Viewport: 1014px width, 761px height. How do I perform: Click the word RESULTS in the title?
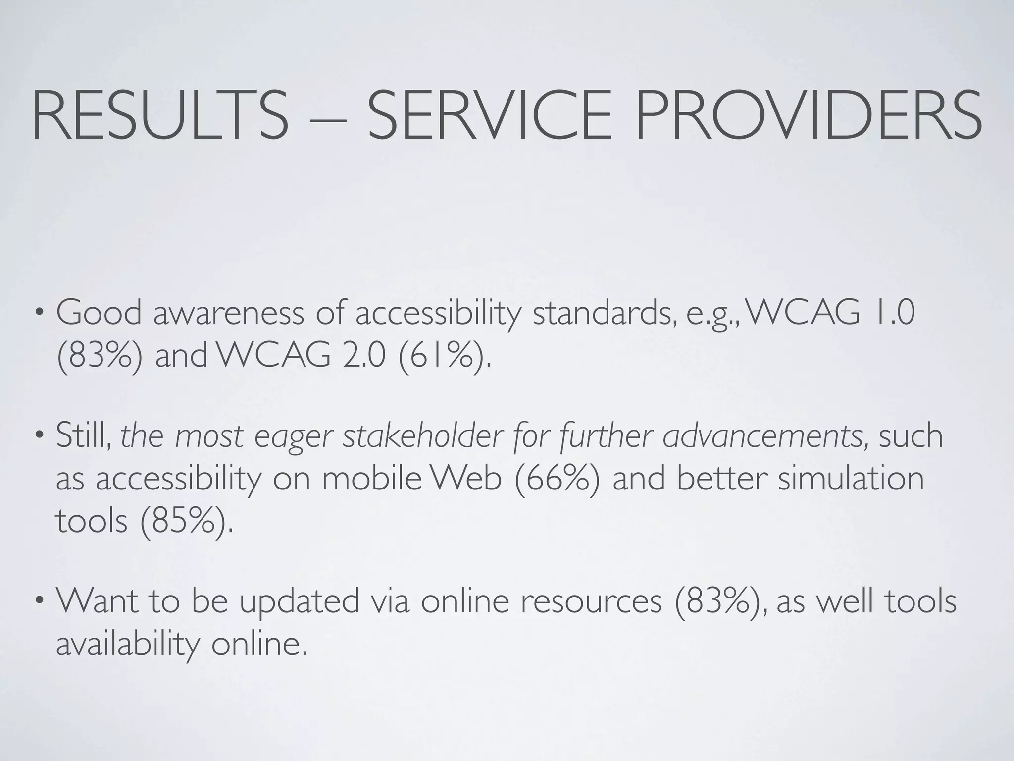click(159, 115)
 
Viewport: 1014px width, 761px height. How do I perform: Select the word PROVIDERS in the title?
click(808, 115)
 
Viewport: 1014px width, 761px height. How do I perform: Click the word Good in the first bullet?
click(99, 314)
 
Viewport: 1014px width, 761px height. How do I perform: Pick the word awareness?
click(228, 314)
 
